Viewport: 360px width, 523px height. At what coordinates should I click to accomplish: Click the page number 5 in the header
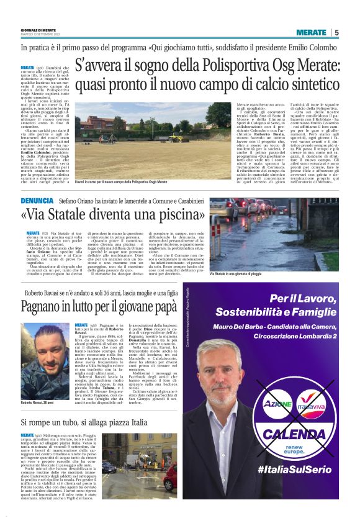pos(336,32)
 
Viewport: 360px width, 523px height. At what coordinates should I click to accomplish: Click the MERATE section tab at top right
pos(311,32)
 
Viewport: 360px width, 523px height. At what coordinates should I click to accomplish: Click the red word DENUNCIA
pos(36,201)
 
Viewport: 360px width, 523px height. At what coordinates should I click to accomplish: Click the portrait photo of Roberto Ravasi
pos(45,357)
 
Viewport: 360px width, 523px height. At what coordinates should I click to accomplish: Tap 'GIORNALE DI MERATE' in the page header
pos(38,30)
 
